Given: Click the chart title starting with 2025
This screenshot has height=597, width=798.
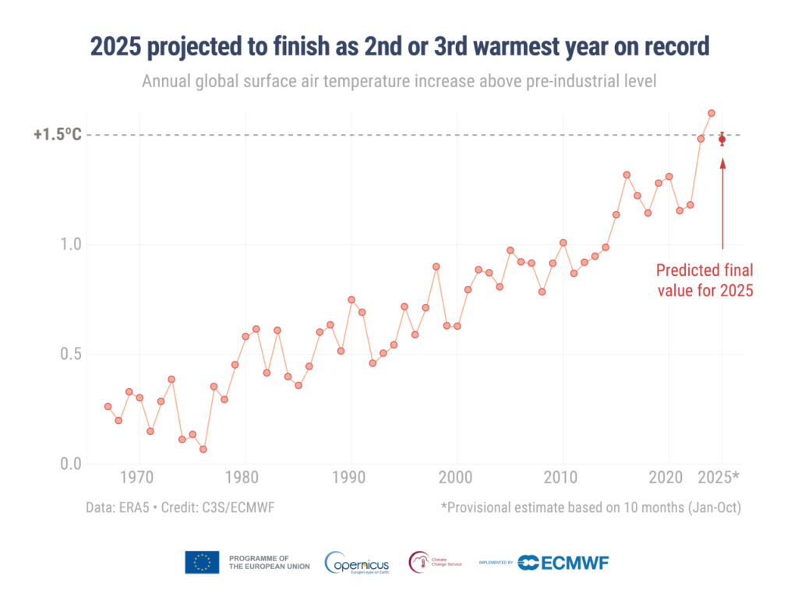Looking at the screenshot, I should tap(400, 47).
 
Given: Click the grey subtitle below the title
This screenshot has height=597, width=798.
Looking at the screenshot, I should tap(400, 80).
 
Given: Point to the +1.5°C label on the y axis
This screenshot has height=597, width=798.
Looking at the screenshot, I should tap(57, 135).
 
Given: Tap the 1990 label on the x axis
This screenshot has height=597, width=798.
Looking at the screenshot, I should tap(351, 477).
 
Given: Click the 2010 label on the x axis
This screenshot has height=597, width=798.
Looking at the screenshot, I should tap(562, 477).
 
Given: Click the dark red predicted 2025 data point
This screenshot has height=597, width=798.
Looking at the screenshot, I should tap(722, 140).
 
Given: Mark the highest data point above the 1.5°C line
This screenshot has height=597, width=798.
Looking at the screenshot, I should tap(711, 113).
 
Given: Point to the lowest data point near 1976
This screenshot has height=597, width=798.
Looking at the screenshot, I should tap(203, 449).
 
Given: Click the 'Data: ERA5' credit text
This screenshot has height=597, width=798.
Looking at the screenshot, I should tap(180, 507).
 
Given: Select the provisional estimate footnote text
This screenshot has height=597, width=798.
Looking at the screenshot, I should tap(590, 507).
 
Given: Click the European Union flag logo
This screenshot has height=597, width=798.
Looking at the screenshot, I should tap(202, 562).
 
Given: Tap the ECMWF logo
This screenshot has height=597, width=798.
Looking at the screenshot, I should tap(563, 562).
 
